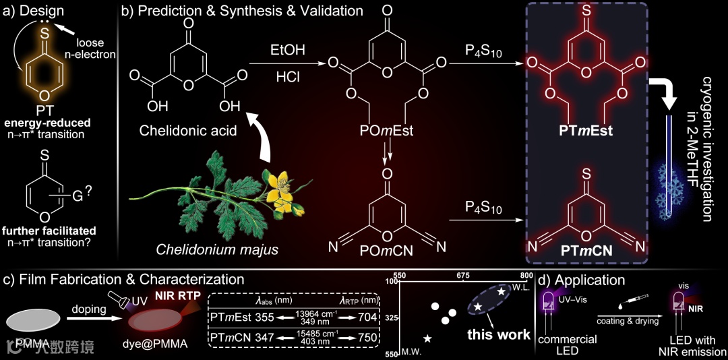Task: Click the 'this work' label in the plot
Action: tap(498, 334)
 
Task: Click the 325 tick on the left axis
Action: tap(391, 317)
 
